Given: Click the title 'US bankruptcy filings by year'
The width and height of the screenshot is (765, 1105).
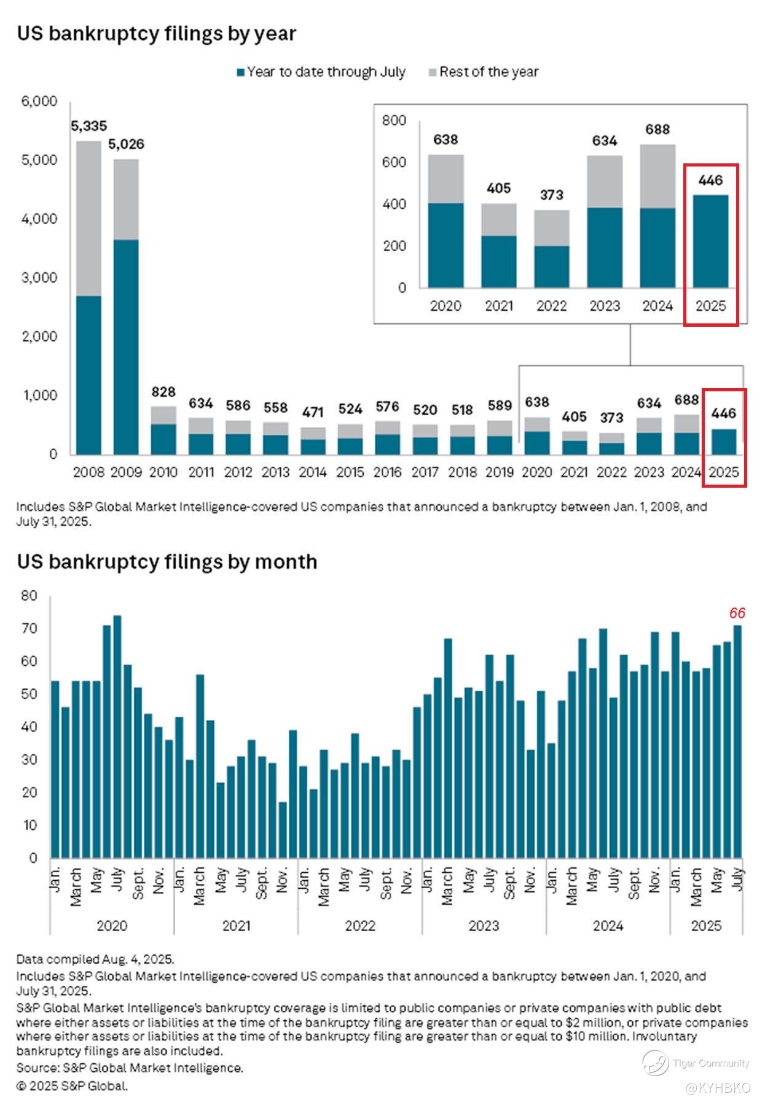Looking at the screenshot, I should (x=156, y=34).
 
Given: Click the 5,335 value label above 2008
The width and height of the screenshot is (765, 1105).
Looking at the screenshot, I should (x=88, y=126).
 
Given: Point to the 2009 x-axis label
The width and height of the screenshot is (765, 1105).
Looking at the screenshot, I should (x=126, y=472).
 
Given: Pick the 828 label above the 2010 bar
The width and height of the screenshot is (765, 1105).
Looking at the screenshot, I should (x=163, y=392).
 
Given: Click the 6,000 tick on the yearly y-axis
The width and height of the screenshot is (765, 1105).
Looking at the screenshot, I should (x=39, y=101).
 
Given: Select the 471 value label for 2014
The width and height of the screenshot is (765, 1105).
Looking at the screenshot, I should (x=313, y=412).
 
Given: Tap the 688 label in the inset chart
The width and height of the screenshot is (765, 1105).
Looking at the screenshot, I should (x=657, y=130).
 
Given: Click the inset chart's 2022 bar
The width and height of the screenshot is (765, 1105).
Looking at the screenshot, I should (x=551, y=249).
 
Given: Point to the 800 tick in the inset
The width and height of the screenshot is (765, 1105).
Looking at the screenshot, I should (x=394, y=120).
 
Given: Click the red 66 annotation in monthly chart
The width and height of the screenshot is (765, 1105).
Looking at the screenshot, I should (x=737, y=613).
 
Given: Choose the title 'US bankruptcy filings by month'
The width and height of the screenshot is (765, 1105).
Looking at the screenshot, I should (x=167, y=562).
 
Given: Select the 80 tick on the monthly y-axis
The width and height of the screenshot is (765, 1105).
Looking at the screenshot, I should (x=29, y=596).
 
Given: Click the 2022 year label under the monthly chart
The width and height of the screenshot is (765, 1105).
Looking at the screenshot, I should (x=360, y=926).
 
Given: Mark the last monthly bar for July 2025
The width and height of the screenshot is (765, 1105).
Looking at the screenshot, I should (x=737, y=741).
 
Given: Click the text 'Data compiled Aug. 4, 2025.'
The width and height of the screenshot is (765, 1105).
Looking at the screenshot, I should (x=95, y=959).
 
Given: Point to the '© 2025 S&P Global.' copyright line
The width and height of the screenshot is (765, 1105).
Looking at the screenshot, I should (x=72, y=1085).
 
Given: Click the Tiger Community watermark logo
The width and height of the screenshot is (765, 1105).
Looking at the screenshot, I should (x=655, y=1063).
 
